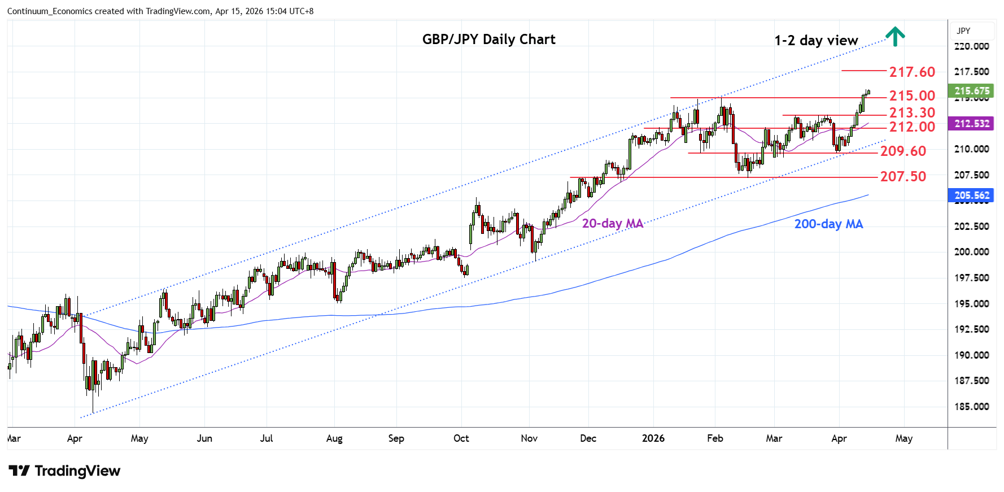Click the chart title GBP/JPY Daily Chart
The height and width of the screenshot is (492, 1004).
pos(488,40)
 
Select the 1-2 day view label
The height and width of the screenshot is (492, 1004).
pos(816,41)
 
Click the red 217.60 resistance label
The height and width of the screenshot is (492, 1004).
pos(912,72)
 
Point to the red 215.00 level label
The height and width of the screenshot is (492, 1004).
pos(912,96)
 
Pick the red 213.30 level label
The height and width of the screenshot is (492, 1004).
pos(912,113)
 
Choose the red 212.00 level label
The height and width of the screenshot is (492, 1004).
pos(912,127)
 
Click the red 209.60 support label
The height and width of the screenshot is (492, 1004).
pos(903,151)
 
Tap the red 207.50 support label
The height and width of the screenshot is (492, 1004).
pos(903,177)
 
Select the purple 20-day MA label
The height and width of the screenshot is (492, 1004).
pos(613,224)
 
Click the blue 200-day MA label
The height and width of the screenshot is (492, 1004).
pos(828,224)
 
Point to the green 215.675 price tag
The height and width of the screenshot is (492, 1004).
pos(971,91)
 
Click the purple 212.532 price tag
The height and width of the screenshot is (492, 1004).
pos(971,124)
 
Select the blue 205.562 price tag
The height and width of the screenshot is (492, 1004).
pos(971,195)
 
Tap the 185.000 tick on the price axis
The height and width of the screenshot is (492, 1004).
pos(971,407)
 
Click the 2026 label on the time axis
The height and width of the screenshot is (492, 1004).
pos(653,438)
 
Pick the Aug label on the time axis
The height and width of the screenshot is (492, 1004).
pos(334,438)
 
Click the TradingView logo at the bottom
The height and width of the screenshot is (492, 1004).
pos(64,471)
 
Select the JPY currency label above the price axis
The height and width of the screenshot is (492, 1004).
pos(963,31)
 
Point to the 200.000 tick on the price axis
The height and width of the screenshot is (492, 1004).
pos(971,252)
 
